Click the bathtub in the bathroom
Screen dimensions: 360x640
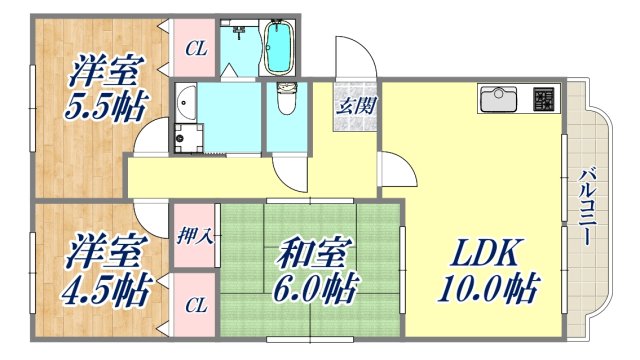point(278,49)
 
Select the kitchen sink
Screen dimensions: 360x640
point(499,100)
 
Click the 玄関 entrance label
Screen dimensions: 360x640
point(356,104)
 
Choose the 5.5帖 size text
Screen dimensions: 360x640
point(101,106)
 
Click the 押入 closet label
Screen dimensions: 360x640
point(193,236)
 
